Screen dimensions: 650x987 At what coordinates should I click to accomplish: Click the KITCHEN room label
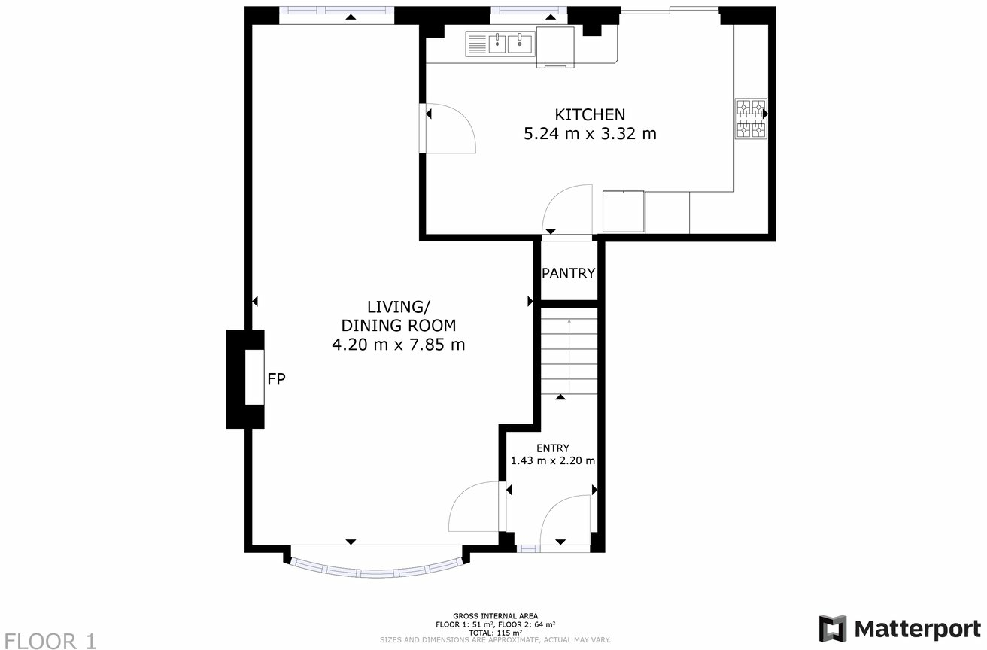pyautogui.click(x=590, y=115)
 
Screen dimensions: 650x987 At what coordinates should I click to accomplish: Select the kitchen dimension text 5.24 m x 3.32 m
pyautogui.click(x=590, y=135)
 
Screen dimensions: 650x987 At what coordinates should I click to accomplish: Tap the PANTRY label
pyautogui.click(x=569, y=273)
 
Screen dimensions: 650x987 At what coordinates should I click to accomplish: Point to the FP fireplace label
pyautogui.click(x=277, y=380)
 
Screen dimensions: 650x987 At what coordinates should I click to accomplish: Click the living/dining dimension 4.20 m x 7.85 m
pyautogui.click(x=398, y=345)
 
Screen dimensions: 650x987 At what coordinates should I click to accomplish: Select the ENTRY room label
pyautogui.click(x=553, y=448)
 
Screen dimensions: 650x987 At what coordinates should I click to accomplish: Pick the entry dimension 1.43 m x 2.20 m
pyautogui.click(x=553, y=461)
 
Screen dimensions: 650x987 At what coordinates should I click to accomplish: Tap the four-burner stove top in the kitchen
pyautogui.click(x=751, y=120)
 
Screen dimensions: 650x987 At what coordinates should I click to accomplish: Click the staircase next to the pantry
pyautogui.click(x=569, y=354)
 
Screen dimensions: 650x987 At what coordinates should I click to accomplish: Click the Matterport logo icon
pyautogui.click(x=832, y=628)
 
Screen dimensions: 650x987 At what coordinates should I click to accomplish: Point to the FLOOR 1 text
pyautogui.click(x=50, y=641)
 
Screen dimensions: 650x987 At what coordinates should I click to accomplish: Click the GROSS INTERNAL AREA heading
pyautogui.click(x=495, y=616)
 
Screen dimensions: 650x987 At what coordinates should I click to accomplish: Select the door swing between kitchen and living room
pyautogui.click(x=450, y=129)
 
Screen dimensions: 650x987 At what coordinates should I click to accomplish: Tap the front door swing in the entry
pyautogui.click(x=566, y=521)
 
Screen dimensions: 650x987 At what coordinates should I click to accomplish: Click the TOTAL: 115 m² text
pyautogui.click(x=495, y=633)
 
